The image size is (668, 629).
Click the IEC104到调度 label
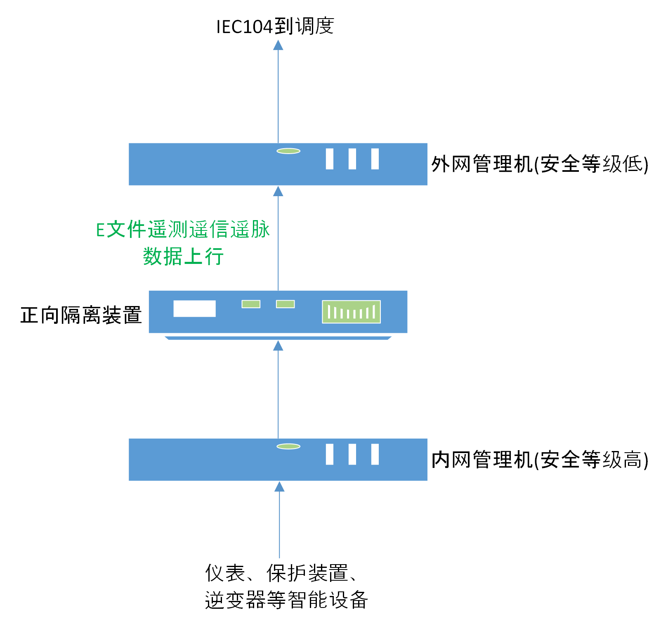pyautogui.click(x=275, y=26)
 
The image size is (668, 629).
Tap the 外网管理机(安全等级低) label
pyautogui.click(x=540, y=164)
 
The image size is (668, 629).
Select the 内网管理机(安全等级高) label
pyautogui.click(x=540, y=460)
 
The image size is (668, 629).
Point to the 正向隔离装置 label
pyautogui.click(x=81, y=315)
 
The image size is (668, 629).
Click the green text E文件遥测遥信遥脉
pyautogui.click(x=183, y=230)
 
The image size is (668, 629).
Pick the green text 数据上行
pyautogui.click(x=183, y=256)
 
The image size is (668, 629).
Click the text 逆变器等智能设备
pyautogui.click(x=286, y=600)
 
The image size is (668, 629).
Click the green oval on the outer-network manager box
pyautogui.click(x=288, y=151)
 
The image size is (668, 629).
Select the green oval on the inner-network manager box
pyautogui.click(x=288, y=446)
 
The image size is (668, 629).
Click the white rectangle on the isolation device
pyautogui.click(x=194, y=309)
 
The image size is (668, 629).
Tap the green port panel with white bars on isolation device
pyautogui.click(x=351, y=312)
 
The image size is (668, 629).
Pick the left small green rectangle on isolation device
pyautogui.click(x=251, y=304)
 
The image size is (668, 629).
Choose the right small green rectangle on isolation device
pyautogui.click(x=285, y=304)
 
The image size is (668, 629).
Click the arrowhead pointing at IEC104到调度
pyautogui.click(x=278, y=45)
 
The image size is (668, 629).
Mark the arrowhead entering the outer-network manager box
pyautogui.click(x=278, y=191)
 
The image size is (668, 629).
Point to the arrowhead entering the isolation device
pyautogui.click(x=278, y=346)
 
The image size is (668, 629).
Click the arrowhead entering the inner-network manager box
pyautogui.click(x=279, y=487)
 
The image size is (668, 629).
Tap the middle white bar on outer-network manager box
pyautogui.click(x=352, y=159)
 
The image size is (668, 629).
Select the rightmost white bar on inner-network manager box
pyautogui.click(x=375, y=454)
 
